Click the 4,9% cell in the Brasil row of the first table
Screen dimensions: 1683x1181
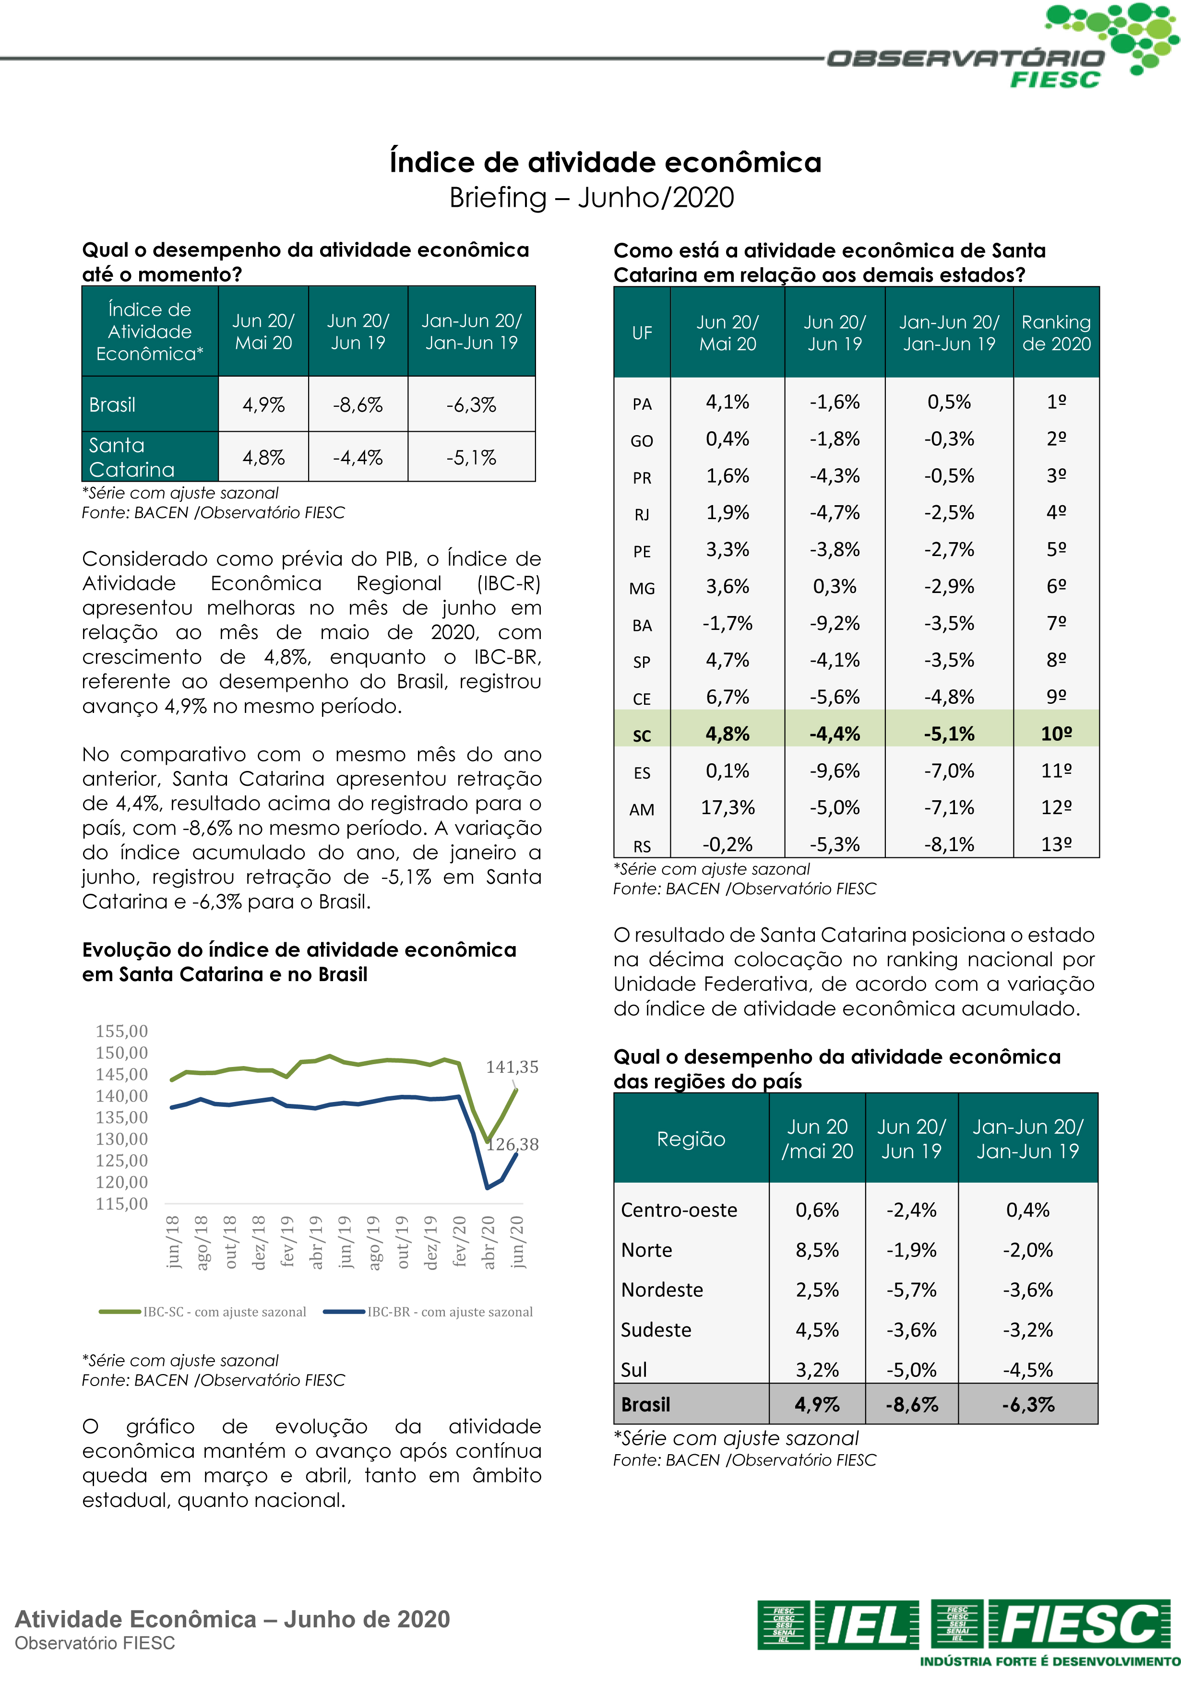pos(263,404)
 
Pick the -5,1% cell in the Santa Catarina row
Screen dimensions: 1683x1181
pos(471,457)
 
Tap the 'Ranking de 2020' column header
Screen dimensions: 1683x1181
pos(1056,333)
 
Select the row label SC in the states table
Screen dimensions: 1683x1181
pos(642,735)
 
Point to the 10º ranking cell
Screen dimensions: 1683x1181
pos(1056,734)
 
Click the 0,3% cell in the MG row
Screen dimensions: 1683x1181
pos(834,586)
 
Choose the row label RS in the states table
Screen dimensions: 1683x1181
pos(642,846)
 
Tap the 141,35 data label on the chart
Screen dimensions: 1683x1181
pos(512,1067)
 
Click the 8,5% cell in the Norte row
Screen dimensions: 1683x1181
pos(817,1250)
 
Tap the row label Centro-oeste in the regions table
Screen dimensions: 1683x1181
pos(679,1209)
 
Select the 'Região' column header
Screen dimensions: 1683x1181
pos(691,1138)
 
